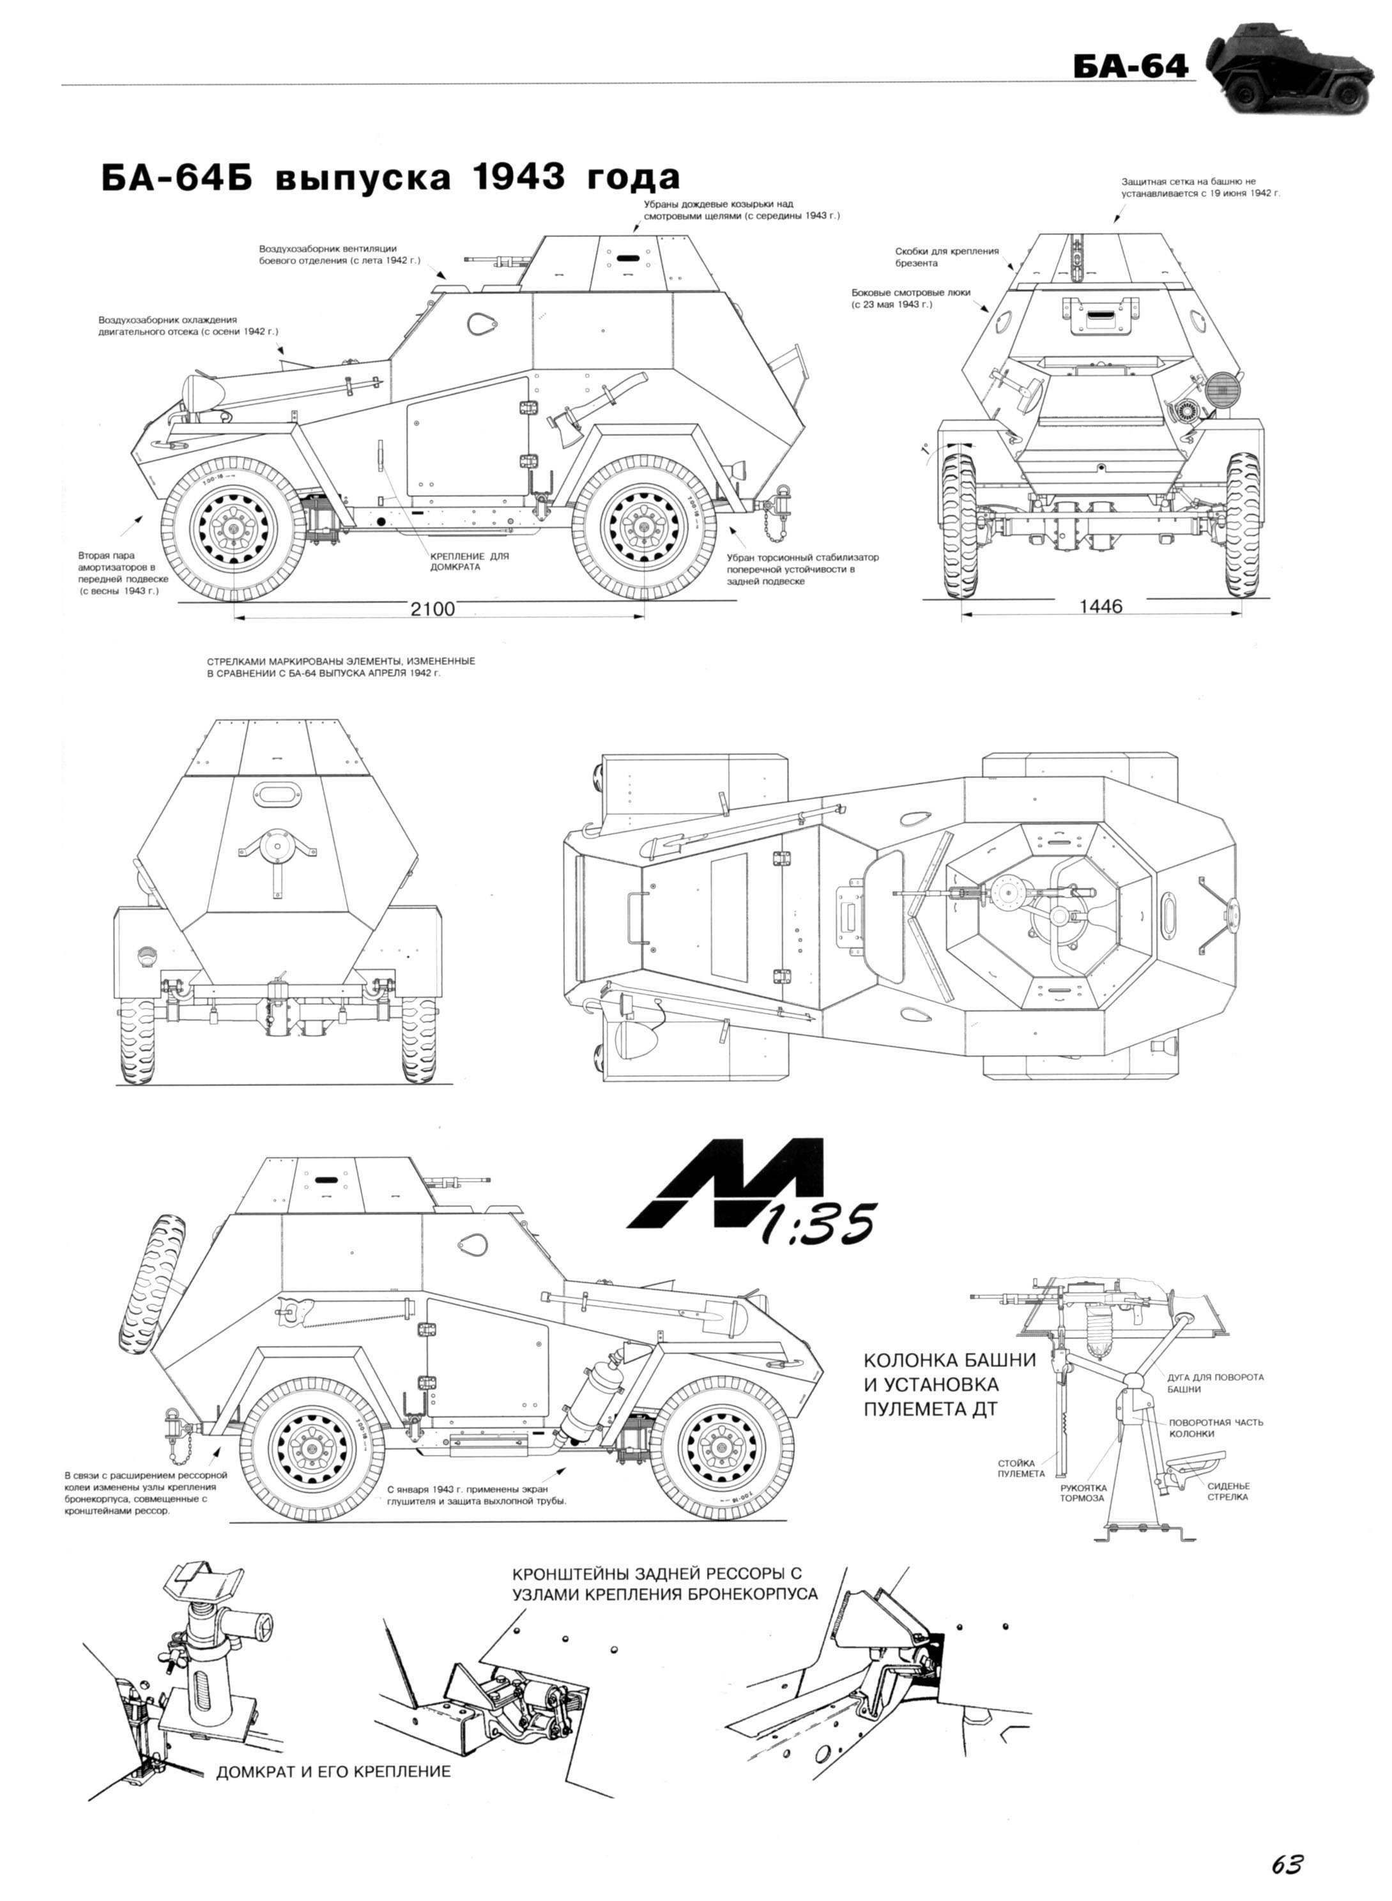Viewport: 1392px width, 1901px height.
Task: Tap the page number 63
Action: [x=1287, y=1841]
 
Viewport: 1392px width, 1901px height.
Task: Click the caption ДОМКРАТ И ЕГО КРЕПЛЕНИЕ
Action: [x=333, y=1771]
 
